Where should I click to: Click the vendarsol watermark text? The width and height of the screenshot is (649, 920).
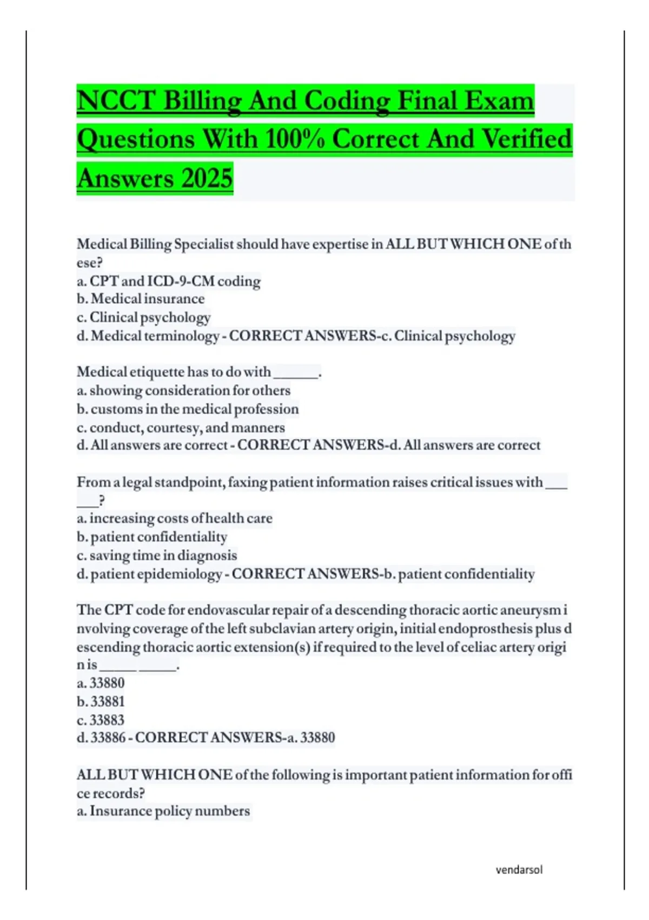(x=519, y=870)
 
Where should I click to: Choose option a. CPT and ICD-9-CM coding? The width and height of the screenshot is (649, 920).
(x=169, y=281)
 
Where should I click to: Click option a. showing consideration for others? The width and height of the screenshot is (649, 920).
(x=183, y=390)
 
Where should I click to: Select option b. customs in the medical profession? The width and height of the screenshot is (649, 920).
(x=188, y=409)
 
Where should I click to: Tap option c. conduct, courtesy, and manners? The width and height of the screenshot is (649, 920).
(x=181, y=428)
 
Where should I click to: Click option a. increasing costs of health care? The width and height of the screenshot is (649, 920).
(x=175, y=518)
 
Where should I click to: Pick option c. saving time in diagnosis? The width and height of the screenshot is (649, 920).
(x=157, y=555)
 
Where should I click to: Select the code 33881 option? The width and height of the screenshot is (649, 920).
(x=101, y=701)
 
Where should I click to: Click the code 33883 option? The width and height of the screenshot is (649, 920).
(x=101, y=720)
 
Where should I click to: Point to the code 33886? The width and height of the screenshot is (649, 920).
(x=108, y=738)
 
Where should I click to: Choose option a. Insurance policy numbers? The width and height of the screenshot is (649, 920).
(x=163, y=811)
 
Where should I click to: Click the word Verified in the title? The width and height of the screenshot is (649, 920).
(x=526, y=140)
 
